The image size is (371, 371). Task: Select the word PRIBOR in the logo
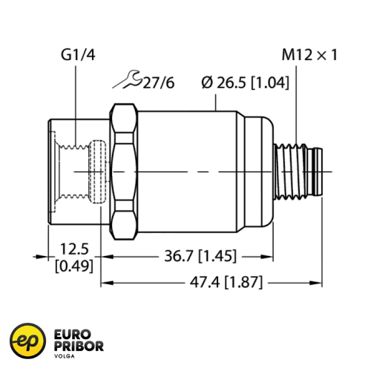tap(79, 347)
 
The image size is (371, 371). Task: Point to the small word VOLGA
tap(66, 357)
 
